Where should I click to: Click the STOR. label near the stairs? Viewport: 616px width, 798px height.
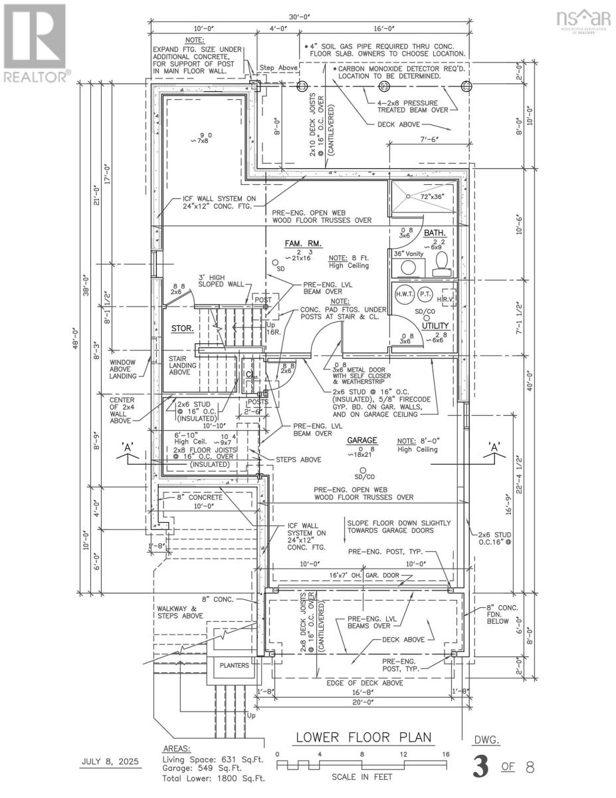pos(182,328)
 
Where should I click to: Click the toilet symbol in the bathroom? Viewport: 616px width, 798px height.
pos(440,267)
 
